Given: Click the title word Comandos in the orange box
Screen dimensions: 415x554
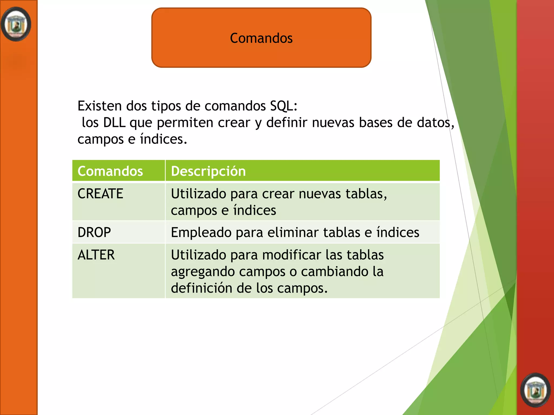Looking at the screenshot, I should pos(261,38).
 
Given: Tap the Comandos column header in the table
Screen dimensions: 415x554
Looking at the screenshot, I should pos(110,171).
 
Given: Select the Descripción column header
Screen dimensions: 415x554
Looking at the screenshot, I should pos(208,171).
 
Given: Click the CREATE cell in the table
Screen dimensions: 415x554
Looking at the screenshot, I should pos(100,194).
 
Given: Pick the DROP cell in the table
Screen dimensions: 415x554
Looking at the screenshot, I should pos(94,232).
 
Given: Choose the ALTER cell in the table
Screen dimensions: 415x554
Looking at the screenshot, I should pos(96,255).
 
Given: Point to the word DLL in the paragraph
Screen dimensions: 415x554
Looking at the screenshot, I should pos(114,123).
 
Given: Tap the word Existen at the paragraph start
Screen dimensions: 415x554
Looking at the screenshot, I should pos(100,106).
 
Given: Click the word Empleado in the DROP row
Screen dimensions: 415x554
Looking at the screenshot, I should pos(201,232).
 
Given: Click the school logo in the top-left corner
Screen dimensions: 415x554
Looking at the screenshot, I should pos(16,24).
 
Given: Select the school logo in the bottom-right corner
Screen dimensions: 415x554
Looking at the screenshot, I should pos(535,390).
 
